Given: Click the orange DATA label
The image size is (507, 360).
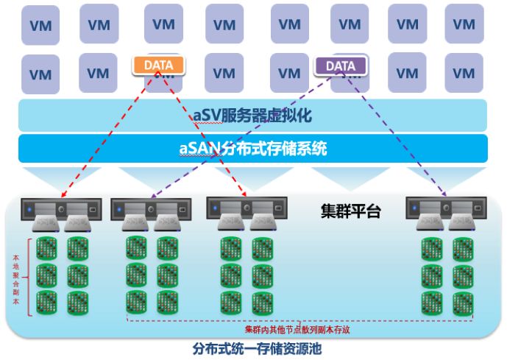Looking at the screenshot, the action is point(158,66).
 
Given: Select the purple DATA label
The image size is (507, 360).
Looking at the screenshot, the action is point(341,66).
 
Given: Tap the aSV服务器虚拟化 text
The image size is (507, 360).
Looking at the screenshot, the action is point(252,116).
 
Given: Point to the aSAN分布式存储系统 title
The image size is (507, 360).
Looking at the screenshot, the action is point(253,149).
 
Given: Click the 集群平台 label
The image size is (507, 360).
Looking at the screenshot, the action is point(351,211).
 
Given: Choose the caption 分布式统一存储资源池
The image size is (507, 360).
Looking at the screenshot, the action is point(257,349).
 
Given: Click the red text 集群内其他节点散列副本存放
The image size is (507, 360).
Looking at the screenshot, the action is point(297,330).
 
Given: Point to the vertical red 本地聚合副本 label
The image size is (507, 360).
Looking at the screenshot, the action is point(16,280).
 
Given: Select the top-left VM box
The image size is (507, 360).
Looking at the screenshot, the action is point(40,25).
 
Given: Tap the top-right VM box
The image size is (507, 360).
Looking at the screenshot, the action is point(464,24).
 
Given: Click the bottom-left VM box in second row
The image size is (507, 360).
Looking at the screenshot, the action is point(40,74).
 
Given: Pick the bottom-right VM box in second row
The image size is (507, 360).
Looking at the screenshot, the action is point(464,73).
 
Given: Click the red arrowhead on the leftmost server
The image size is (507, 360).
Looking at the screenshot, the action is point(64,194).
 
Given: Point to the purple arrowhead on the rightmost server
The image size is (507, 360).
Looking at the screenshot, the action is point(444,194).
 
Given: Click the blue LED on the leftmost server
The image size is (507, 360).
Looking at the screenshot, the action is point(29,210).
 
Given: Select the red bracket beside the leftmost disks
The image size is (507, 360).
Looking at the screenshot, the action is point(29,278).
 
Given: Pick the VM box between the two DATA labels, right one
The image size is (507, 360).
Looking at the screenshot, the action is point(289,73).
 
